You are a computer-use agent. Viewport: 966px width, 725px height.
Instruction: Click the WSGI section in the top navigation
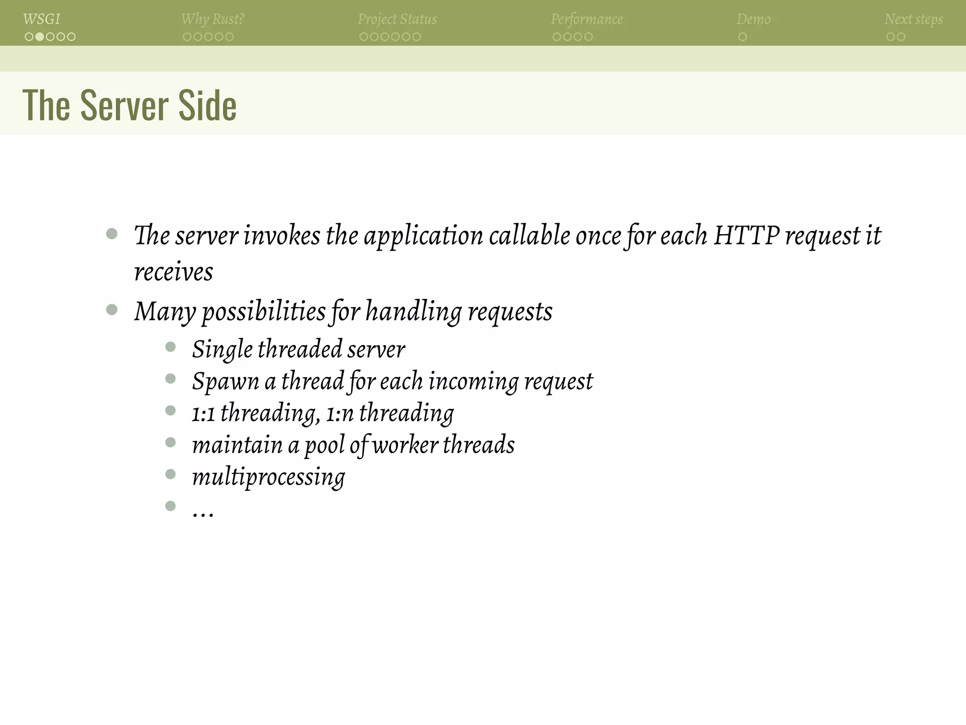coord(42,19)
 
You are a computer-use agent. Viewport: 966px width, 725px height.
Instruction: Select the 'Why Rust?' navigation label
coord(213,19)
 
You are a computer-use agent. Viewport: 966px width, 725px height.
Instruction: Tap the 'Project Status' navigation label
coord(397,19)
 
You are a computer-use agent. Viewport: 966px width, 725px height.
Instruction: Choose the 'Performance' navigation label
coord(587,19)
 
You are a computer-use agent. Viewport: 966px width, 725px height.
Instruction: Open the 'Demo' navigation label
coord(753,19)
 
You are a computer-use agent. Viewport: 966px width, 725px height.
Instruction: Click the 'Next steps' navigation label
coord(914,19)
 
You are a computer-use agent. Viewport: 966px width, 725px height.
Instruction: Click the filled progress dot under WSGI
coord(40,37)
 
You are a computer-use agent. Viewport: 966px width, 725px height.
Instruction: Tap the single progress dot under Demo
coord(742,37)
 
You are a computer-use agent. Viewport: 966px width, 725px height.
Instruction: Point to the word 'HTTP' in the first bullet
coord(746,235)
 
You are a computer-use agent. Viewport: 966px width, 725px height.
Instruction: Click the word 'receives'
coord(174,272)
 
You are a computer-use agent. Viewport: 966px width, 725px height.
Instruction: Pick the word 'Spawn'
coord(225,381)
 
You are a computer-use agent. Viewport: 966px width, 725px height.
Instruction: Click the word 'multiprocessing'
coord(268,477)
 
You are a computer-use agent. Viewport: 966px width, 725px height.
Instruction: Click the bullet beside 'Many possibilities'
coord(112,310)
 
